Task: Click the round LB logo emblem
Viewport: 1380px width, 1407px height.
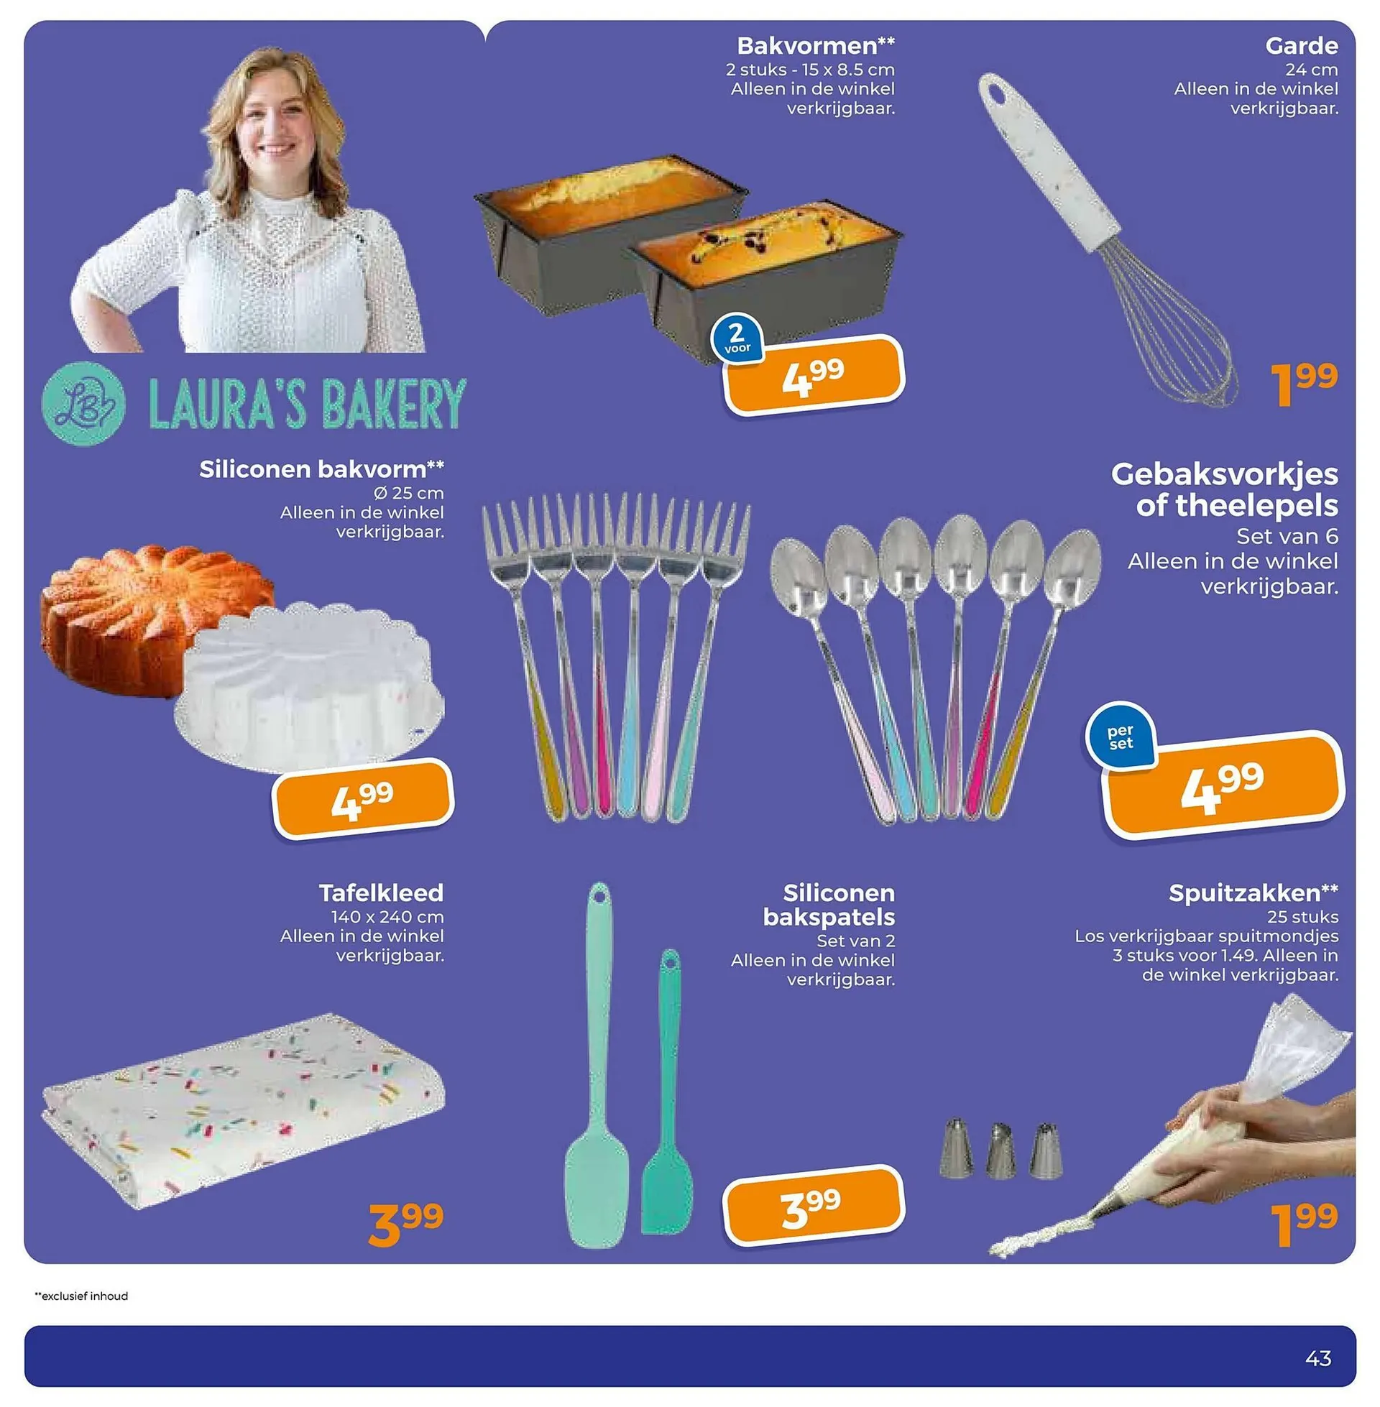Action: (x=83, y=404)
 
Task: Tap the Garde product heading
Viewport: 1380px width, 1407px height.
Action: (x=1301, y=46)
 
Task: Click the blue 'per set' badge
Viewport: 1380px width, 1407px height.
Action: (x=1121, y=736)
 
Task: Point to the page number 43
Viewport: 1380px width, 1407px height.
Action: (x=1317, y=1357)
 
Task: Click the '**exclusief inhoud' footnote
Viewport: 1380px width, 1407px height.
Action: (x=81, y=1296)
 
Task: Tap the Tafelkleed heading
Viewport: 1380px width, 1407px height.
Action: (x=381, y=892)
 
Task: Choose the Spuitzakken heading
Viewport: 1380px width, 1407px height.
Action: (x=1253, y=893)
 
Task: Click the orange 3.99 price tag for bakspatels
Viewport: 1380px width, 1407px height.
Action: (x=814, y=1206)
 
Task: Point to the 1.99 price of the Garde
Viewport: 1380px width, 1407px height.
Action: (x=1304, y=384)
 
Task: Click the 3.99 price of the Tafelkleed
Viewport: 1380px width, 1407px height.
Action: (x=406, y=1224)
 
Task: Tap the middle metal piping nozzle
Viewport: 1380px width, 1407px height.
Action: (x=1000, y=1150)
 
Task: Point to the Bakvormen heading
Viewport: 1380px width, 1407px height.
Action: (x=815, y=46)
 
